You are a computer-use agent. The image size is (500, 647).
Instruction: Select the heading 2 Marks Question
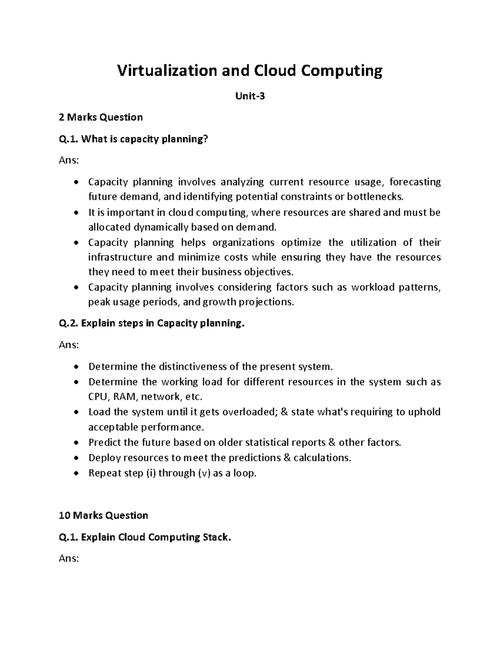[101, 117]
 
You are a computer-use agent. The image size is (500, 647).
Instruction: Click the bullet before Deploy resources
[75, 458]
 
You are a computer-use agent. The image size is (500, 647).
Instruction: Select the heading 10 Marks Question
[103, 516]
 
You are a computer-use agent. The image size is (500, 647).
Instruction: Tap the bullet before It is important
[75, 213]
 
